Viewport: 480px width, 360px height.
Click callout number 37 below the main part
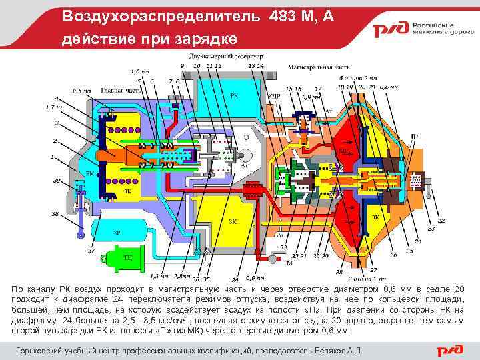tap(91, 251)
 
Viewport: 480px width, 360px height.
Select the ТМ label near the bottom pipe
tap(288, 263)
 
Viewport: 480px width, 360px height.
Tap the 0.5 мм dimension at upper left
tap(82, 91)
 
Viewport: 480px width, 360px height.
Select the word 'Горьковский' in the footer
tap(42, 350)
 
